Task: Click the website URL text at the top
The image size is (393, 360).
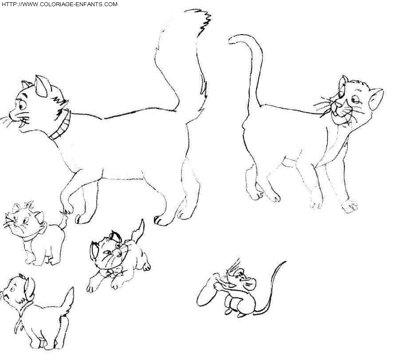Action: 59,4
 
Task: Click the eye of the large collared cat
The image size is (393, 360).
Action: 22,105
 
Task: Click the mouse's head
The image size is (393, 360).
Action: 240,279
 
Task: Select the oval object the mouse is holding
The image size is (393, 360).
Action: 207,290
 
